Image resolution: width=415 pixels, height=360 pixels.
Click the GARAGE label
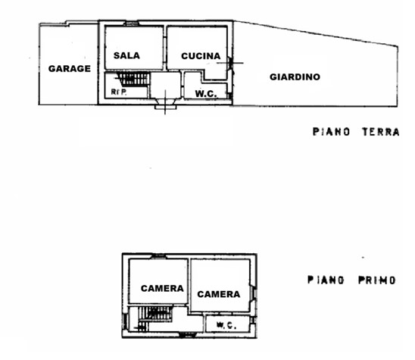point(70,69)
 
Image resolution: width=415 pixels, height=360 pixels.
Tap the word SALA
point(126,55)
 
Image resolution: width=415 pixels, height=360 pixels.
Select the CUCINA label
point(201,56)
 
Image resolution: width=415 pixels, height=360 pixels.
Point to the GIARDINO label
point(295,77)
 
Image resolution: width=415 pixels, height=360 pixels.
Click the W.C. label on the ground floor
point(206,93)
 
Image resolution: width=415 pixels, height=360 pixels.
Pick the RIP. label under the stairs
point(119,92)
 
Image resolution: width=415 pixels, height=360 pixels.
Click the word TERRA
point(381,132)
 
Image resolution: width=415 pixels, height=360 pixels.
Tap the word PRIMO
point(377,280)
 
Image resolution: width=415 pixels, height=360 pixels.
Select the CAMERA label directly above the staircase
point(162,288)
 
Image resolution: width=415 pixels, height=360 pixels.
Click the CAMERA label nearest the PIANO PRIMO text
point(219,294)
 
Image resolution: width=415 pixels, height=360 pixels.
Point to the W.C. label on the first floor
point(226,325)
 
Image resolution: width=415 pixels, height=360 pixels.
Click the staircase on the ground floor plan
point(133,79)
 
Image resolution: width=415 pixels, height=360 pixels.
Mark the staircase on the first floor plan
point(154,318)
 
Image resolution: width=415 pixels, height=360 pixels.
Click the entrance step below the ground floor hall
point(165,107)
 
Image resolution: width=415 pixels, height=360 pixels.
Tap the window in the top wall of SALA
point(131,23)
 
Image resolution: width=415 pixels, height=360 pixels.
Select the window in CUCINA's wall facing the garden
point(230,63)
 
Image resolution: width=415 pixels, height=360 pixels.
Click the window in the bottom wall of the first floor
point(188,335)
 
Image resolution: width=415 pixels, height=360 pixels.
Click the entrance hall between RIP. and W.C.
point(165,86)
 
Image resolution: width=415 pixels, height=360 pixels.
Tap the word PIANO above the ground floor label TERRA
point(331,132)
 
